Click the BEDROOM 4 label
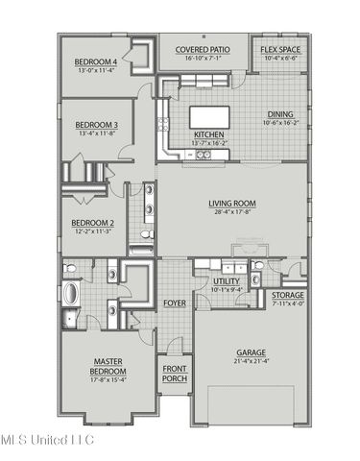point(96,62)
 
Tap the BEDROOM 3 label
point(96,124)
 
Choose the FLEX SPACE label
point(279,49)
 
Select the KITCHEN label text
point(208,134)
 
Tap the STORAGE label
point(288,295)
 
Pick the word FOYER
point(174,303)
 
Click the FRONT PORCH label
point(174,374)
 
